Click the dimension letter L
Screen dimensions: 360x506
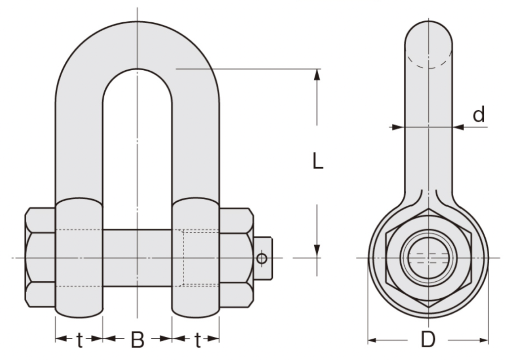click(x=318, y=161)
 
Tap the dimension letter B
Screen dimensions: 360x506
click(x=137, y=340)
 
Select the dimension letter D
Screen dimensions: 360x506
click(x=428, y=340)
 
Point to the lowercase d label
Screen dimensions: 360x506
click(x=478, y=115)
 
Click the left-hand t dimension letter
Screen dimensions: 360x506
click(x=79, y=340)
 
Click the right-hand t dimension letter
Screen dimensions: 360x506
click(x=197, y=340)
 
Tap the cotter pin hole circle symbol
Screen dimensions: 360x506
click(x=262, y=258)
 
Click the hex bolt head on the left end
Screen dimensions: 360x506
click(x=40, y=257)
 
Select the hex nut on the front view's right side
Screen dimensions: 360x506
click(x=236, y=257)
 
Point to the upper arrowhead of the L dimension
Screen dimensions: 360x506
click(x=317, y=74)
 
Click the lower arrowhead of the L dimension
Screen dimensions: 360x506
click(x=317, y=252)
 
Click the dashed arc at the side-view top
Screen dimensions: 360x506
click(x=428, y=63)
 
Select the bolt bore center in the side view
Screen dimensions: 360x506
click(x=428, y=258)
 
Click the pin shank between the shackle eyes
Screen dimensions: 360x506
click(x=137, y=257)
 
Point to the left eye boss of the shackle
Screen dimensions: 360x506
click(x=79, y=257)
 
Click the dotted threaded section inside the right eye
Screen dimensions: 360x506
click(x=200, y=258)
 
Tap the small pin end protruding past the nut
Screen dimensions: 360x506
click(x=266, y=258)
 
